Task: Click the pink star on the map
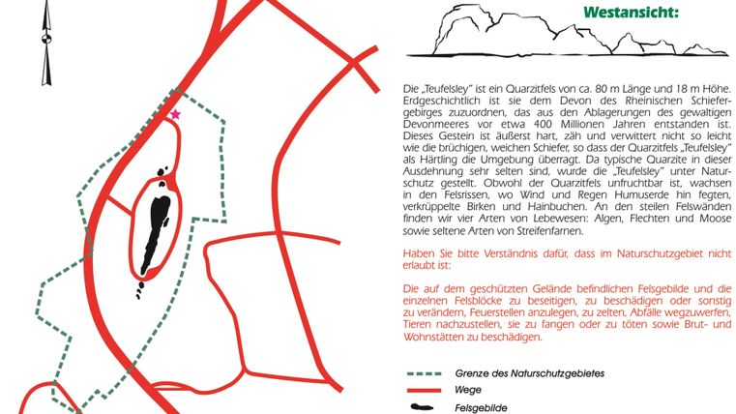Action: (x=175, y=115)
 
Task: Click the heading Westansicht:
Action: (x=631, y=13)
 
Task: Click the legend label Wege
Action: (x=469, y=391)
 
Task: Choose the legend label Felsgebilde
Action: (x=485, y=408)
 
